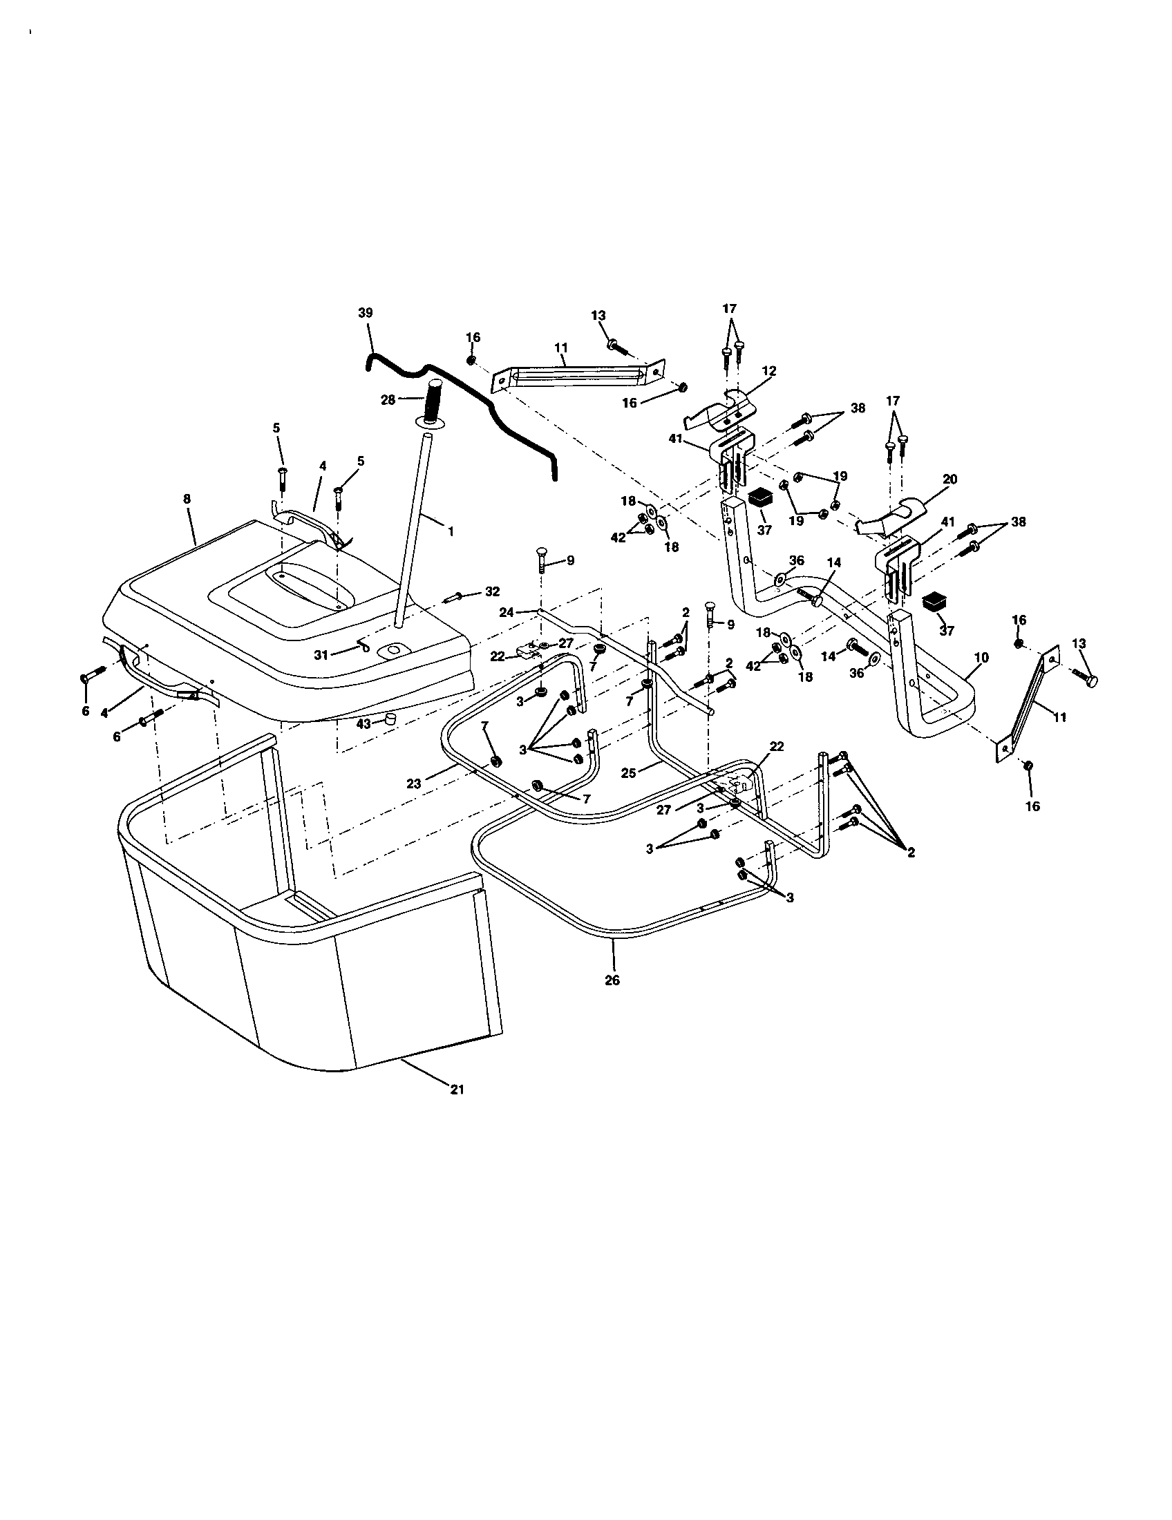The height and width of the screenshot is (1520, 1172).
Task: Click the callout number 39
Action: coord(366,313)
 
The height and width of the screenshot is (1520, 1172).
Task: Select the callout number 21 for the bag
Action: coord(457,1089)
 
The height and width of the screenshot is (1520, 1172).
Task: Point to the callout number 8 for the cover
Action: coord(187,499)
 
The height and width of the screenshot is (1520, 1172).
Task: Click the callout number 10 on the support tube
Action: coord(982,657)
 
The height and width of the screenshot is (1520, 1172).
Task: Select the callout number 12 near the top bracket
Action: coord(768,371)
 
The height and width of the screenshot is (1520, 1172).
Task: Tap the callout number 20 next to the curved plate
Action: coord(950,479)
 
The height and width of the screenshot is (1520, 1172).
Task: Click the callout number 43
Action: coord(363,723)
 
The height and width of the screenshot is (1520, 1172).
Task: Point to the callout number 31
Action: coord(321,655)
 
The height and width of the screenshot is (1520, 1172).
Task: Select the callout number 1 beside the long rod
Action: coord(451,531)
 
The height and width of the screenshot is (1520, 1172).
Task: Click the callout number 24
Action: coord(507,612)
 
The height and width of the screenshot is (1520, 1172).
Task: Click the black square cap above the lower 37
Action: coord(932,601)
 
